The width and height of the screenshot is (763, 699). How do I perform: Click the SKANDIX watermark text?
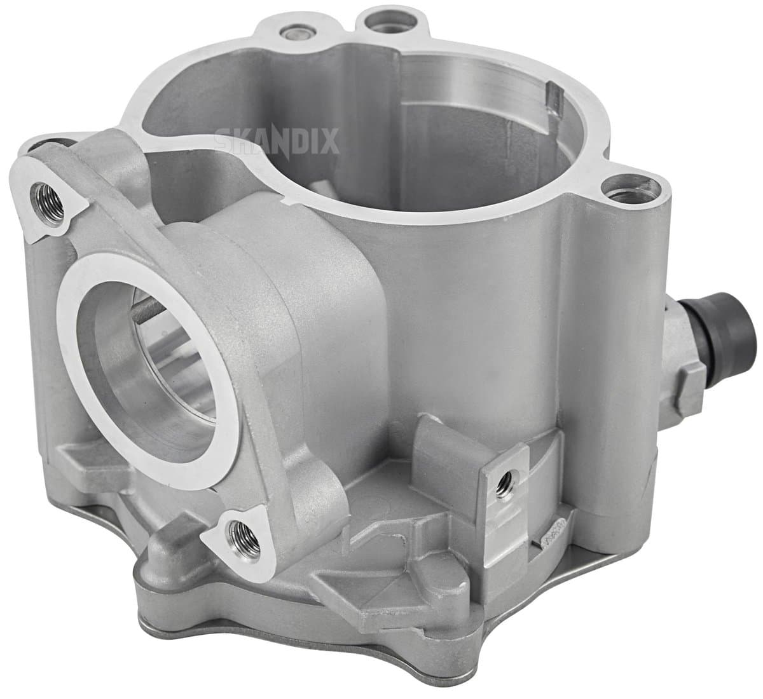[x=277, y=140]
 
